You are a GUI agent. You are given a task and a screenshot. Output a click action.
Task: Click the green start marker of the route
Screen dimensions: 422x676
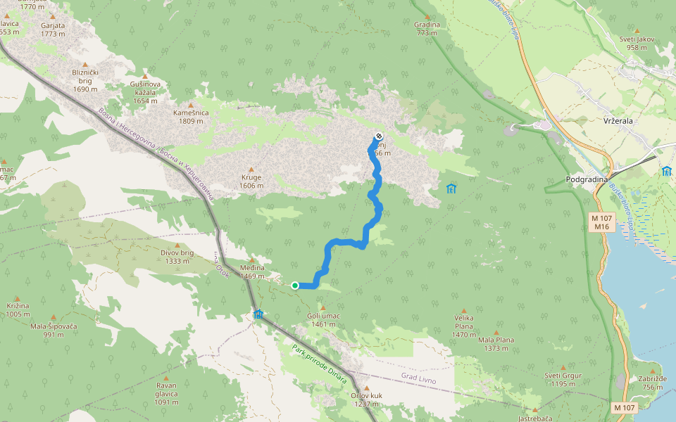click(x=295, y=285)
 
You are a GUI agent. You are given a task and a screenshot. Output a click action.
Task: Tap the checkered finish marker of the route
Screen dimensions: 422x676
click(x=379, y=136)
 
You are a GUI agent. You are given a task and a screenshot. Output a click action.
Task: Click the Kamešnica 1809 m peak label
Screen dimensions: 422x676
click(x=191, y=117)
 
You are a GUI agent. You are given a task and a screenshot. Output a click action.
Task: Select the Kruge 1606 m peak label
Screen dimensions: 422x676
click(x=251, y=181)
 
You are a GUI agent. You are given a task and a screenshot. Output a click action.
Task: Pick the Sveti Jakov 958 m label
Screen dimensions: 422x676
click(x=637, y=43)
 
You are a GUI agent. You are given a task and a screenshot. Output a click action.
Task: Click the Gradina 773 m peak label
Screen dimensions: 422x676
click(x=427, y=29)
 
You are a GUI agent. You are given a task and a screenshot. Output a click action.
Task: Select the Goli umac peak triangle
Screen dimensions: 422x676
click(x=323, y=307)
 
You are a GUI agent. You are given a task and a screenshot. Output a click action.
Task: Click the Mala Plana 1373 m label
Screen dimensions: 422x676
click(x=496, y=344)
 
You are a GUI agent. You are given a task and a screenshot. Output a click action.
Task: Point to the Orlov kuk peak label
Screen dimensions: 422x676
click(x=366, y=399)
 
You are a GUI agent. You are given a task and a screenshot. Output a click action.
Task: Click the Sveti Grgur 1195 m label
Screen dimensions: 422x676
click(x=563, y=379)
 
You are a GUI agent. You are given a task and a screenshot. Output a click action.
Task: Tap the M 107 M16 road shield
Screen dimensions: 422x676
click(x=601, y=222)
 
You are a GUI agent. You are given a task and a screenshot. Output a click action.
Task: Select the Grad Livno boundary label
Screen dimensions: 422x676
click(x=419, y=380)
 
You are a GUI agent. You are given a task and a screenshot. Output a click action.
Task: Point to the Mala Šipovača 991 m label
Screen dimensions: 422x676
click(x=53, y=330)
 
